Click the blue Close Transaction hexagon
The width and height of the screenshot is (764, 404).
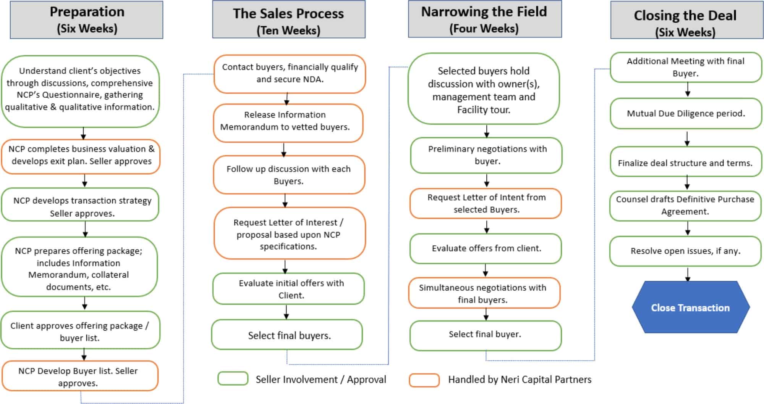coord(690,307)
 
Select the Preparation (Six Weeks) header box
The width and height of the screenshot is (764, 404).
coord(87,20)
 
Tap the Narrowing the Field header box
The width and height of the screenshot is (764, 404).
coord(484,19)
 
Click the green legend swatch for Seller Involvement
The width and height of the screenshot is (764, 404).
coord(233,379)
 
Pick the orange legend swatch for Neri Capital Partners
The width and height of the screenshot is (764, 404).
coord(424,380)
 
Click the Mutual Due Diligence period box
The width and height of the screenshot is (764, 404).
coord(686,113)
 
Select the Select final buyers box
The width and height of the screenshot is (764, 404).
coord(287,335)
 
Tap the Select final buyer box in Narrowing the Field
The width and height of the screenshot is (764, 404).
coord(485,335)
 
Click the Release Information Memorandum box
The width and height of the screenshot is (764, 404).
coord(287,122)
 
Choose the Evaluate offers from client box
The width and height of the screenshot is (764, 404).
coord(486,248)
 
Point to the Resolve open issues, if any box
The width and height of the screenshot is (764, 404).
coord(685,251)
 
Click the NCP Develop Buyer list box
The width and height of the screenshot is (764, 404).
coord(79,376)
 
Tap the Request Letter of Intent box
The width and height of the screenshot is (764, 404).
coord(486,203)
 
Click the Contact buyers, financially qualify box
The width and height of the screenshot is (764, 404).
coord(290,73)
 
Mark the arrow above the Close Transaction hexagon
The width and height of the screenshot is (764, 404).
coord(688,274)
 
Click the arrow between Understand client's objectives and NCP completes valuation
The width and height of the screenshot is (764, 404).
coord(83,133)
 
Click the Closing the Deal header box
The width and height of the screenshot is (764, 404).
coord(686,20)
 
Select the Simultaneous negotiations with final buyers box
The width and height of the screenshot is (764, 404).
coord(484,293)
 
